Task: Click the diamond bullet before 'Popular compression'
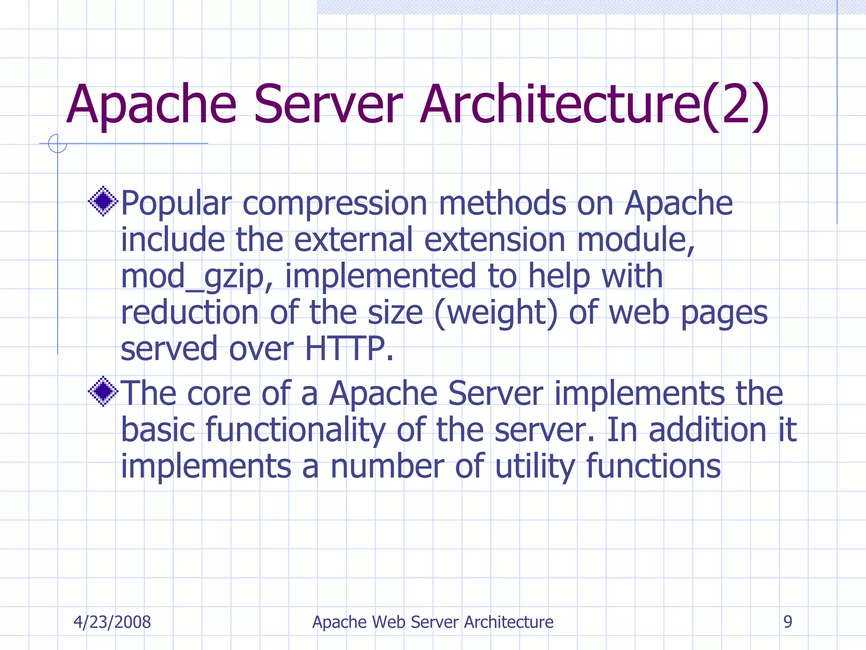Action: point(103,201)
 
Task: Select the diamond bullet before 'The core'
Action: point(103,391)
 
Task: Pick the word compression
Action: point(335,204)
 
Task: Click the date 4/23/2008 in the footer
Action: point(112,622)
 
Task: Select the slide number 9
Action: point(787,622)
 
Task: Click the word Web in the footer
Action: point(389,622)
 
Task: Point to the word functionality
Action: point(295,430)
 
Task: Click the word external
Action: point(353,240)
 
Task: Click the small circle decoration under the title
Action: point(58,143)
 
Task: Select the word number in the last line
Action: point(387,466)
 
